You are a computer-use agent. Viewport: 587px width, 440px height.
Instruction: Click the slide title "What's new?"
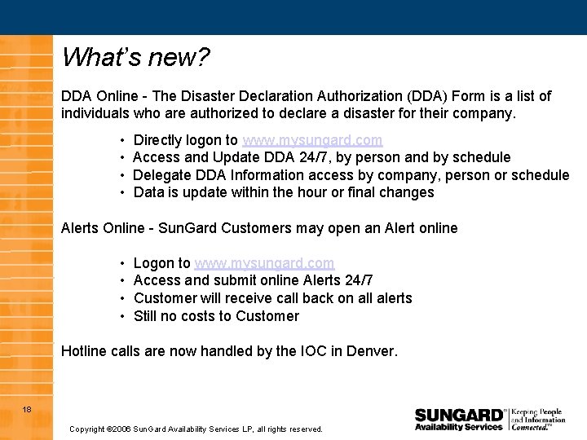coord(135,57)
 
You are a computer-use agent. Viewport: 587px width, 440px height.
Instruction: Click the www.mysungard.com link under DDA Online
coord(312,140)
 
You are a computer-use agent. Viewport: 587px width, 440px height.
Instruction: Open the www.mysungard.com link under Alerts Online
coord(264,263)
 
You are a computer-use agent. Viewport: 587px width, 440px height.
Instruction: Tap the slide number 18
coord(27,409)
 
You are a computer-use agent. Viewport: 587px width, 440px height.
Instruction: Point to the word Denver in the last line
coord(371,352)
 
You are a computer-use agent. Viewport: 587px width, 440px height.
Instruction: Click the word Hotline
coord(85,352)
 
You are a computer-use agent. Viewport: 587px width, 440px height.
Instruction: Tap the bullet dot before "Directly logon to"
coord(121,141)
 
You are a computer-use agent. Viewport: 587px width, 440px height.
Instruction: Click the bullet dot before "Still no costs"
coord(121,316)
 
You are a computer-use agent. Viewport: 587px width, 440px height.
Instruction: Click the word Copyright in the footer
coord(87,429)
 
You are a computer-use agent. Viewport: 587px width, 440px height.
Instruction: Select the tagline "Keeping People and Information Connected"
coord(538,419)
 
